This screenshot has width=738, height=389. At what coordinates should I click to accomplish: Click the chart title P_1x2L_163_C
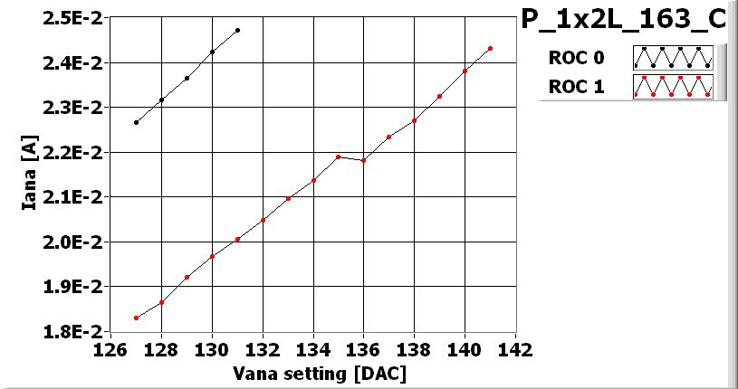click(x=624, y=20)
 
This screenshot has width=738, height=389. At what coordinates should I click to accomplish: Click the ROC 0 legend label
click(x=576, y=59)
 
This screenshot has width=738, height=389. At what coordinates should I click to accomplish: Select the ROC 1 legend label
click(x=576, y=87)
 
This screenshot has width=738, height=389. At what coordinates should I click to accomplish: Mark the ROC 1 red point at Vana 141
click(x=490, y=49)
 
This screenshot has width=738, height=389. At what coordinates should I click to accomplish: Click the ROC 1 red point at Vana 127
click(x=136, y=318)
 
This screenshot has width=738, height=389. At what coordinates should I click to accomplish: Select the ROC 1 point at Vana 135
click(x=338, y=157)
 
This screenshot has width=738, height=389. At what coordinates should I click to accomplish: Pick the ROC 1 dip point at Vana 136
click(x=363, y=160)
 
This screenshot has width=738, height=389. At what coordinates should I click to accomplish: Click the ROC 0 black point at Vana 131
click(x=237, y=30)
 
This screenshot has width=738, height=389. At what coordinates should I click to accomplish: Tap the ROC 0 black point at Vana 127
click(x=136, y=122)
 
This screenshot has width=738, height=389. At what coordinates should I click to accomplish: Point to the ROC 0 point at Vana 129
click(x=187, y=78)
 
